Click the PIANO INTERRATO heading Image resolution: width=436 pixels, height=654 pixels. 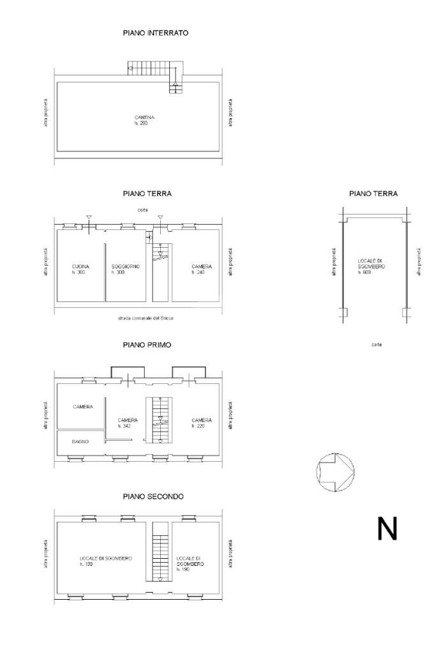[155, 33]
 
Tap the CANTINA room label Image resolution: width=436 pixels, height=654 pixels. [144, 120]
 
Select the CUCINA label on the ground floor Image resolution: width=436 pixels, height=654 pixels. [80, 269]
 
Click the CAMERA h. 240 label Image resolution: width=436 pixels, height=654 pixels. [202, 269]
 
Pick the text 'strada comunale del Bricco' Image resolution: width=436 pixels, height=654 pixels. [146, 317]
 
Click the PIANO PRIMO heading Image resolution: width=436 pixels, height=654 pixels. [147, 345]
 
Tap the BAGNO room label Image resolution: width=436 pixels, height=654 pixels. [80, 441]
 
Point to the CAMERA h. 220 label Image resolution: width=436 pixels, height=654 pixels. [202, 423]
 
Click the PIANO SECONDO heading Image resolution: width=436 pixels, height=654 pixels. [154, 496]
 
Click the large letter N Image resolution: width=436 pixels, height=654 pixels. [387, 529]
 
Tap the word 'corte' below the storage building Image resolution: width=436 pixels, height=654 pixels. [376, 344]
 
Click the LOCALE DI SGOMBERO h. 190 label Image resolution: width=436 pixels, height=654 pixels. [190, 563]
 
